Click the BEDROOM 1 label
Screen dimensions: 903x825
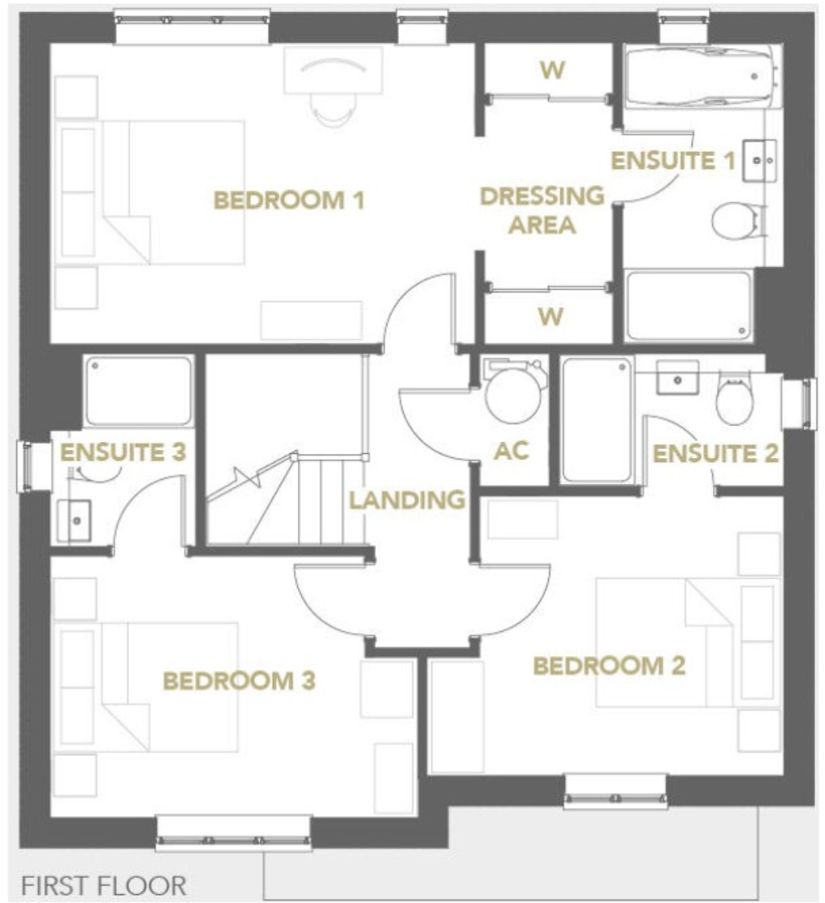tap(287, 199)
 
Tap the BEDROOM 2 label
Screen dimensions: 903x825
tap(609, 666)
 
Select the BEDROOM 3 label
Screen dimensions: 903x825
tap(239, 680)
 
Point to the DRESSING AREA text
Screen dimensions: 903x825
tap(542, 210)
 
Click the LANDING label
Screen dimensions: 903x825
tap(407, 499)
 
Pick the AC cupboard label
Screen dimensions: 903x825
tap(512, 451)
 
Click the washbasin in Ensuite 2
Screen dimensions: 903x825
tap(676, 378)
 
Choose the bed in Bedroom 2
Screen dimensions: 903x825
tap(666, 642)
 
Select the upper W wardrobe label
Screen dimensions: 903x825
tap(551, 71)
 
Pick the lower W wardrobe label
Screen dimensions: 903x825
tap(551, 316)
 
